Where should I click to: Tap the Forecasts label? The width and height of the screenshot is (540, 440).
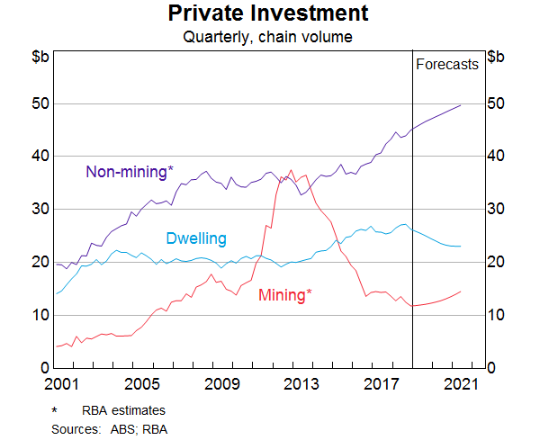[447, 64]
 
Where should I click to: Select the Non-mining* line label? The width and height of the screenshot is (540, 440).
[129, 172]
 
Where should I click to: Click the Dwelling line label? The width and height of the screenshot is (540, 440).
[195, 238]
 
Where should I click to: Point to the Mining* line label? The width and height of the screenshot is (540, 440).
[285, 294]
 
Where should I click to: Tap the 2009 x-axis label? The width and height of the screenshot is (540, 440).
[222, 385]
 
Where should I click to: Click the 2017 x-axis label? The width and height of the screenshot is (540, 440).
[382, 385]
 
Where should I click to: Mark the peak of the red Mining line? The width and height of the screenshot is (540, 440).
[290, 168]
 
